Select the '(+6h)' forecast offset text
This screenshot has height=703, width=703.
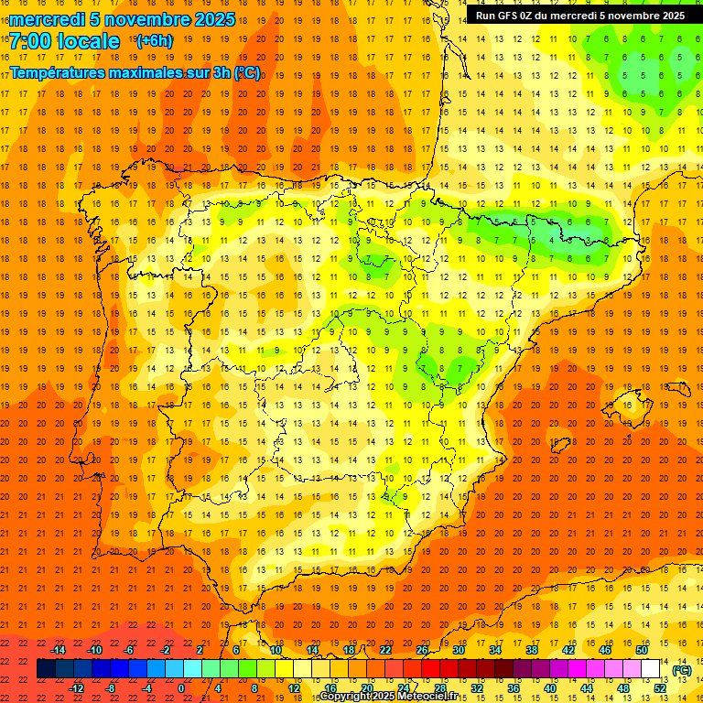pyautogui.click(x=152, y=41)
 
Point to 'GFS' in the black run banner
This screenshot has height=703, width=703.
pyautogui.click(x=513, y=16)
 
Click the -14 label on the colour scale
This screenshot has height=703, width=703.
pyautogui.click(x=58, y=650)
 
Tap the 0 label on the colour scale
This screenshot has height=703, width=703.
pyautogui.click(x=181, y=688)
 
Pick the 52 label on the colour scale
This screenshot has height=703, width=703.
pyautogui.click(x=660, y=688)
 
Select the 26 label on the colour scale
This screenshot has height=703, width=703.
pyautogui.click(x=422, y=650)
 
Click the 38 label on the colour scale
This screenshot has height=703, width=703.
pyautogui.click(x=531, y=650)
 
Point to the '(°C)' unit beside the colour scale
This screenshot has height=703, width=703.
pyautogui.click(x=682, y=670)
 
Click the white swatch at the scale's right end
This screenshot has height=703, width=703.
pyautogui.click(x=651, y=669)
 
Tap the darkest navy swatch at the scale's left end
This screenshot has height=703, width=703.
pyautogui.click(x=47, y=669)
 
